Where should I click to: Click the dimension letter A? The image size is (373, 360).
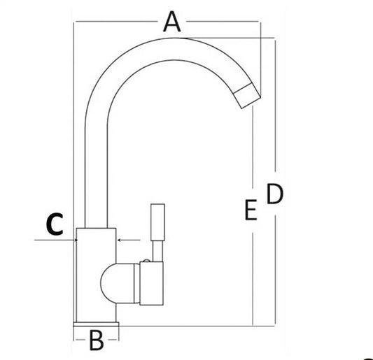coord(172,22)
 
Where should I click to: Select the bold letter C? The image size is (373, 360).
coord(55,224)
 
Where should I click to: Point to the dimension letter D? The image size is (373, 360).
coord(275,194)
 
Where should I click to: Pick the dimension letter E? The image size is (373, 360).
coord(251,210)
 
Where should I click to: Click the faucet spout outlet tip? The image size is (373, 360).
coord(247,96)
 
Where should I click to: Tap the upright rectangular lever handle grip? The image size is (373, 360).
coord(157,222)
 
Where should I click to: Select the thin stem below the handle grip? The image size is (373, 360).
coord(157,252)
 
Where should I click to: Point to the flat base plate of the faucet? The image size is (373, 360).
coord(96,324)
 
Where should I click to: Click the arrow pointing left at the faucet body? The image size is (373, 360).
coord(129,240)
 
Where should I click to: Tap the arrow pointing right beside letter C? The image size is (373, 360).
coord(56,240)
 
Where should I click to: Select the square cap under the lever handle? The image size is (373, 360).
coord(151,283)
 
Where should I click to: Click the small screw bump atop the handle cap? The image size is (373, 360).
coord(147,261)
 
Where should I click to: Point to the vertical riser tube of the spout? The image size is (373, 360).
coord(96,176)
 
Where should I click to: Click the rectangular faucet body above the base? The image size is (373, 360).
coord(96,275)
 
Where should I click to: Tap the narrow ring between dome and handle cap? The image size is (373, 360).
coord(136,283)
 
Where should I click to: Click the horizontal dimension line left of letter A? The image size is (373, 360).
coord(116,22)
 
